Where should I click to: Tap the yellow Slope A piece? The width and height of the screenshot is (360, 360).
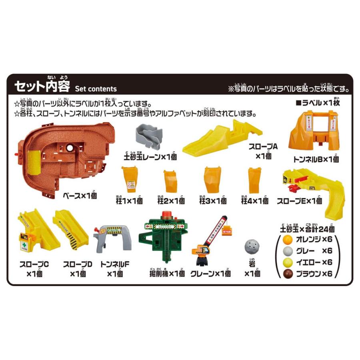(216, 138)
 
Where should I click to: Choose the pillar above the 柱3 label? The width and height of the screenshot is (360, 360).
(212, 180)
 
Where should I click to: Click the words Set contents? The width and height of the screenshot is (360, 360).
(96, 89)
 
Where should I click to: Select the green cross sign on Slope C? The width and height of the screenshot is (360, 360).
(25, 242)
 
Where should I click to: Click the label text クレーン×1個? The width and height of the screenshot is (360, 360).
(210, 274)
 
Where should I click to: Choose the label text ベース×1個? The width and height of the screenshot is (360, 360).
(80, 196)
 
